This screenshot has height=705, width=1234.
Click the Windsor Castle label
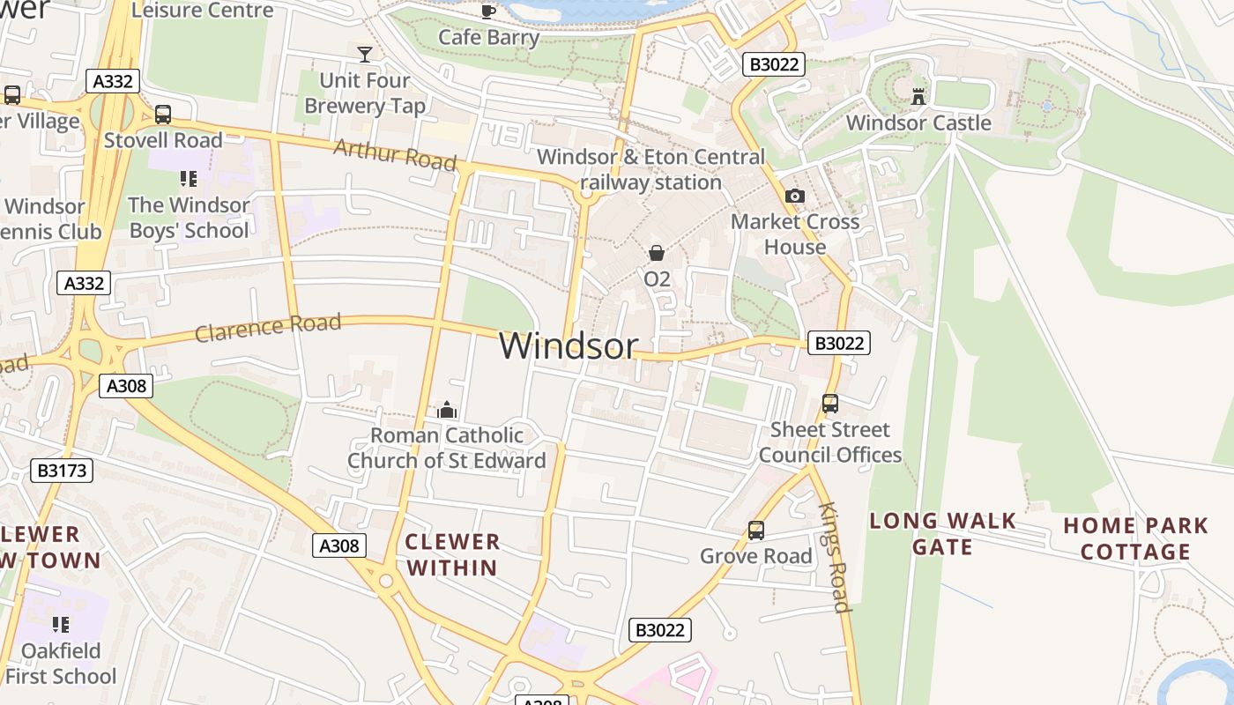pos(918,122)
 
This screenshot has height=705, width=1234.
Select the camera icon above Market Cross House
pos(794,196)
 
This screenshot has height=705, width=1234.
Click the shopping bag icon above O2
pos(657,253)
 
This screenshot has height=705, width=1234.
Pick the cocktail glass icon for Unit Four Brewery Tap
pos(365,54)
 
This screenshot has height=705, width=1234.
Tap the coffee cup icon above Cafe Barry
pos(487,11)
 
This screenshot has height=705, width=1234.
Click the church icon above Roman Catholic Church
pos(447,410)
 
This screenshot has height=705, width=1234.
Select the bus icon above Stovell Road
pos(163,114)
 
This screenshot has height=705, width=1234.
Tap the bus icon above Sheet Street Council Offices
pos(829,404)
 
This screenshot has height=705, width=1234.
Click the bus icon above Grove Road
pos(755,531)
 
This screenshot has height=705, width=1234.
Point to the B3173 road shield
pos(63,470)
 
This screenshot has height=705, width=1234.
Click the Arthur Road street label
pos(395,155)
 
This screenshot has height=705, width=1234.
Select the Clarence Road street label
pos(268,327)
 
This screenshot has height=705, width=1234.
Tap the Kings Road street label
pos(834,557)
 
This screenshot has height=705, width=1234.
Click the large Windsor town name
pos(568,345)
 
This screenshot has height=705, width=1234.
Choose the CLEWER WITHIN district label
pos(452,554)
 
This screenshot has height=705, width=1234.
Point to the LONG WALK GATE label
pos(942,534)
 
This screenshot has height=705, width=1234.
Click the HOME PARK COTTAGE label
pos(1135,538)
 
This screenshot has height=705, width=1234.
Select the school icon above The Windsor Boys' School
pos(188,179)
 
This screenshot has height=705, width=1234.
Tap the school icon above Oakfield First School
pos(60,625)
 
